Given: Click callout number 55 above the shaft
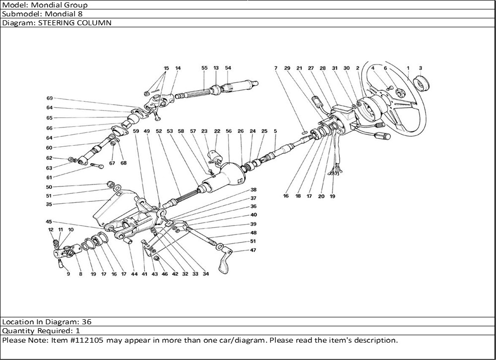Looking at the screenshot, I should [204, 68].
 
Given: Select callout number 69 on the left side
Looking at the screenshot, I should [50, 98].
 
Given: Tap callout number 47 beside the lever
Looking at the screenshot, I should [253, 250].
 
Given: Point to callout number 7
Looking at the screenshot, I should [275, 68].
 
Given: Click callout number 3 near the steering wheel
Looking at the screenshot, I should [420, 68].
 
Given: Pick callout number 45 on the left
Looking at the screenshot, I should [49, 222].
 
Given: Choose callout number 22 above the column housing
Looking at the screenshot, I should [217, 131].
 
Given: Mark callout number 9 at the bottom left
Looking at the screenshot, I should [68, 274].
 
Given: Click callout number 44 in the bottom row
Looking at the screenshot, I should [134, 274].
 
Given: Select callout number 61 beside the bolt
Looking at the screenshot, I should [49, 178].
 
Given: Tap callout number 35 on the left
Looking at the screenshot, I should [49, 204].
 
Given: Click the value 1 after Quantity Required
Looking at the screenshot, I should [78, 330].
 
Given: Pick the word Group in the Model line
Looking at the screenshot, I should [74, 5].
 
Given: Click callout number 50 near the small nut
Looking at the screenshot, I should [49, 187].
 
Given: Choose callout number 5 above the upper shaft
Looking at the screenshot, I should [275, 131].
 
